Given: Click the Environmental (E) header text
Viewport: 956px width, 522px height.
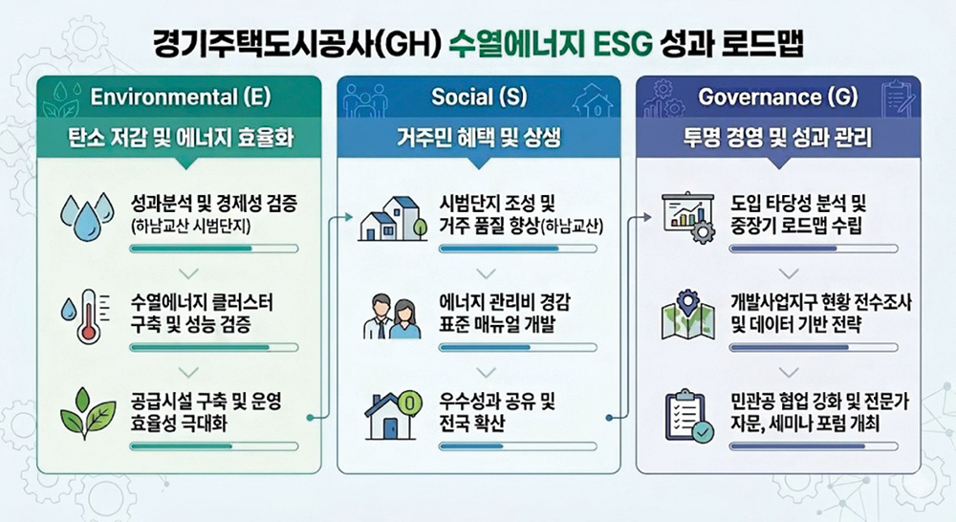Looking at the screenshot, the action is (181, 97).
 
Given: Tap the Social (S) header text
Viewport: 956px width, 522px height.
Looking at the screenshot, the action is (479, 97).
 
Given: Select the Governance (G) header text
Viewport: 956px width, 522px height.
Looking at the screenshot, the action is (778, 97).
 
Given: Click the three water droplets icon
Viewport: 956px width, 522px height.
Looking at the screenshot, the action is (87, 216).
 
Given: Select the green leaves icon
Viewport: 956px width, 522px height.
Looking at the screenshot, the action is (88, 413).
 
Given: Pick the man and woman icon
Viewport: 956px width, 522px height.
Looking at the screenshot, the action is (392, 315).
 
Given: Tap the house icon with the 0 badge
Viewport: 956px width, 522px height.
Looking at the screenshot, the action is (393, 415).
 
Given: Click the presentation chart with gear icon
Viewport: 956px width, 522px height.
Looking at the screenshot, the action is (688, 218).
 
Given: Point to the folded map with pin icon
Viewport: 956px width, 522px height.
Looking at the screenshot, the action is (688, 315).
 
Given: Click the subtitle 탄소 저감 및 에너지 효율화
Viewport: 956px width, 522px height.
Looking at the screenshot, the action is (181, 138).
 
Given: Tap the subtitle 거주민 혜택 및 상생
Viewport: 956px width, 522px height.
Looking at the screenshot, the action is (479, 138).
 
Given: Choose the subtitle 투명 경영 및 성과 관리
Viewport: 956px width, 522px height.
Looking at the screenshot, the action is (778, 138).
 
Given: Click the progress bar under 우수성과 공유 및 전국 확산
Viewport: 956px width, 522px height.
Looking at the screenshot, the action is (517, 446).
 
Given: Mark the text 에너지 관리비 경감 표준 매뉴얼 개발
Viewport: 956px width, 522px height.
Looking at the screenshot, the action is (505, 313).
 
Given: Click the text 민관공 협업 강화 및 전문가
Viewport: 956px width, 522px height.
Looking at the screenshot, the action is (820, 402).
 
